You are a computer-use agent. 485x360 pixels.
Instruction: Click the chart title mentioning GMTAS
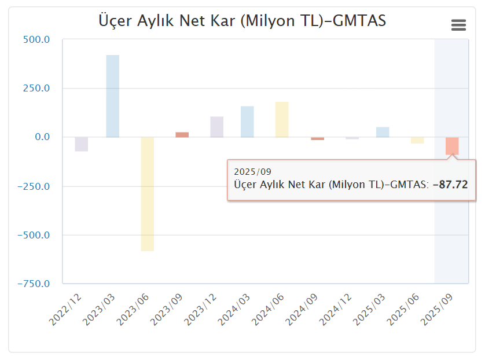tap(242, 21)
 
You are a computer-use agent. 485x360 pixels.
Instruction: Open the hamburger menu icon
tap(458, 25)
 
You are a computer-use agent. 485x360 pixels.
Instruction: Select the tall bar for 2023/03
tap(113, 96)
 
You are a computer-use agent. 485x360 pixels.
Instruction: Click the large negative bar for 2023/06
tap(148, 194)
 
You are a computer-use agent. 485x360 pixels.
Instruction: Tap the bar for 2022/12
tap(82, 144)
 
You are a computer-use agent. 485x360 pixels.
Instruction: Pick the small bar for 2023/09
tap(182, 135)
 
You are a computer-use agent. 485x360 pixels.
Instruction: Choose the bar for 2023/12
tap(217, 127)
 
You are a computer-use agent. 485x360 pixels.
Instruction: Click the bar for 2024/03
tap(247, 122)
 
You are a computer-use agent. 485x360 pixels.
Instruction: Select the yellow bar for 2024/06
tap(282, 120)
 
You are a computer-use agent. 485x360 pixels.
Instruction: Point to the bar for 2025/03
tap(383, 132)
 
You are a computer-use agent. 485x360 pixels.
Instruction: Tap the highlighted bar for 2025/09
tap(452, 145)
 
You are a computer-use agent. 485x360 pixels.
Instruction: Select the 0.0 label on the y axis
tap(41, 138)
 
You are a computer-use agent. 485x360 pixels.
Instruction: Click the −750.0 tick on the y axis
tap(34, 284)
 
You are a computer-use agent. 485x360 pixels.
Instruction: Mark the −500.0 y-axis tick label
tap(34, 236)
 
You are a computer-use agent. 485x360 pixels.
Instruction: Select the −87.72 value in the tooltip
tap(450, 185)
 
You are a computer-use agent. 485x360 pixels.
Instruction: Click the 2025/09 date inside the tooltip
tap(252, 172)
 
